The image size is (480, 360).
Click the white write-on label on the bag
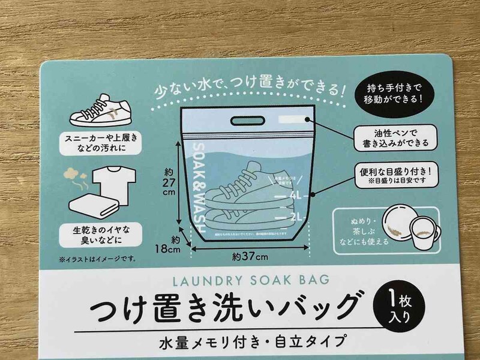coord(295,119)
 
